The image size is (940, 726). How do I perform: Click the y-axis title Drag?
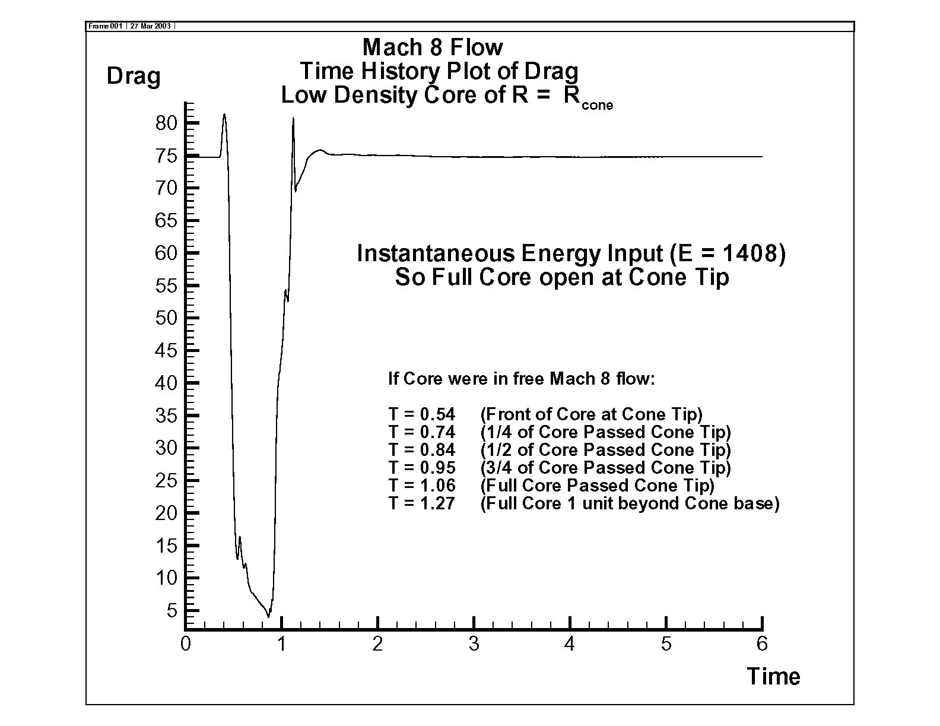click(x=134, y=77)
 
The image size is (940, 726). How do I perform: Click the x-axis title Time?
click(x=773, y=676)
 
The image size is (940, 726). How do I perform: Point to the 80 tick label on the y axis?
click(x=167, y=123)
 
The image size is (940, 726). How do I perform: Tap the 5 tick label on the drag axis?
click(x=172, y=610)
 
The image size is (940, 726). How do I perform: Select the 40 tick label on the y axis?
click(x=167, y=383)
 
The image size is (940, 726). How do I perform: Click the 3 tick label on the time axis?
click(x=474, y=644)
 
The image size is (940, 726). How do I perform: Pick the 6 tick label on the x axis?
click(x=762, y=644)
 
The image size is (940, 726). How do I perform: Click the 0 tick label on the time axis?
click(x=186, y=644)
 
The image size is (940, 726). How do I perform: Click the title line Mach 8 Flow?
click(x=433, y=47)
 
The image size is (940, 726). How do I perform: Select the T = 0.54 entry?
click(x=422, y=414)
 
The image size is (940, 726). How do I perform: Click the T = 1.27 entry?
click(x=422, y=503)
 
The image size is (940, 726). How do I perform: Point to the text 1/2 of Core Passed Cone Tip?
click(x=606, y=450)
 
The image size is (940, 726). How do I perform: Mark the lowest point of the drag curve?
click(x=268, y=617)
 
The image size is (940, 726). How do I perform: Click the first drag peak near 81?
click(x=224, y=115)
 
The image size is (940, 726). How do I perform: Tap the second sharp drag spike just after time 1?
click(x=293, y=119)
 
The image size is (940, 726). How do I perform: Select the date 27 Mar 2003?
click(x=151, y=26)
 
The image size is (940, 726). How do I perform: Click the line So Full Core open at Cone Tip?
click(x=562, y=277)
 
